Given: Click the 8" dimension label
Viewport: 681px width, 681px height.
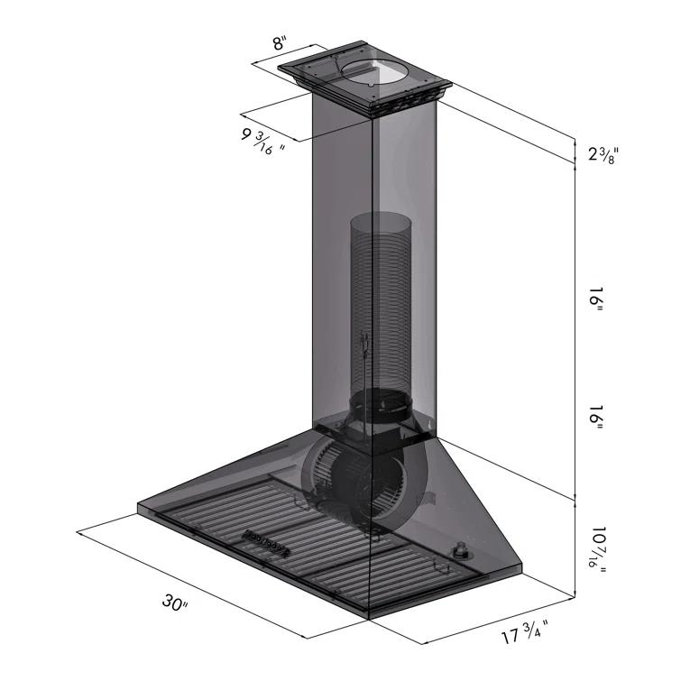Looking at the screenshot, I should pyautogui.click(x=281, y=42).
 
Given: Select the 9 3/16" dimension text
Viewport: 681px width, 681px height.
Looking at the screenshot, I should pyautogui.click(x=262, y=140).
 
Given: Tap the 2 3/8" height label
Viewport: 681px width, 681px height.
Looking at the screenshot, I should pyautogui.click(x=603, y=154).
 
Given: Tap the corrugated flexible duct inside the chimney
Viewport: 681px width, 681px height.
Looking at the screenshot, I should pyautogui.click(x=379, y=298).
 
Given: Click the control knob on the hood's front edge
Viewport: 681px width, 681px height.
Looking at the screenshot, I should pyautogui.click(x=463, y=548).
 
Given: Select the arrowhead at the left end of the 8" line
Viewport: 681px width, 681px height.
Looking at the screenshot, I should pyautogui.click(x=254, y=62).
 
